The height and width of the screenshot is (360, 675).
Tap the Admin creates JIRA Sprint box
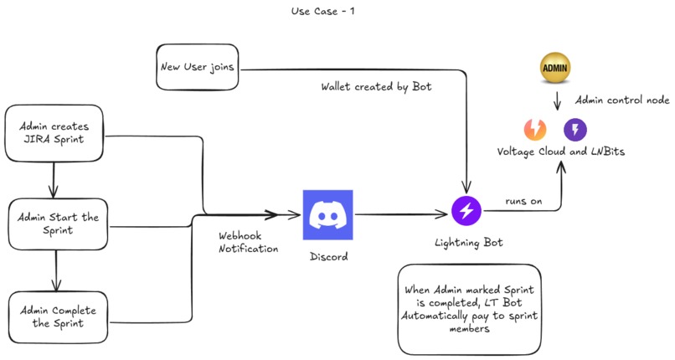tap(54, 133)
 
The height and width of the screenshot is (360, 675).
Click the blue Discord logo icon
tap(327, 215)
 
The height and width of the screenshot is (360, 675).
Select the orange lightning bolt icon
tap(534, 129)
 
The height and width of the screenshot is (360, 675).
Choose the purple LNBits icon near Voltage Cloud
tap(575, 129)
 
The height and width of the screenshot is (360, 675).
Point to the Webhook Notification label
tap(248, 243)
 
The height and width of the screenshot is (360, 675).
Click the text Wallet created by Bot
tap(376, 86)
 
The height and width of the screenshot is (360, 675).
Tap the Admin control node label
tap(621, 100)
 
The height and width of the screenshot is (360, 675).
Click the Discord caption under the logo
tap(327, 256)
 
